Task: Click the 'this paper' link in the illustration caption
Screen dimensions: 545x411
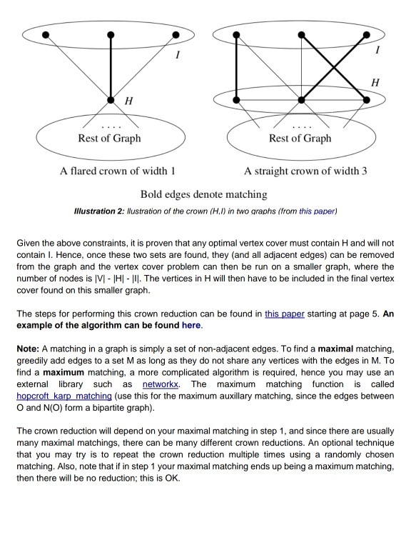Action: pyautogui.click(x=317, y=211)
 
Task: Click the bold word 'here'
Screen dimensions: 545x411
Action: pyautogui.click(x=191, y=325)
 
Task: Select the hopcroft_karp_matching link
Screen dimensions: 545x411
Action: pyautogui.click(x=64, y=395)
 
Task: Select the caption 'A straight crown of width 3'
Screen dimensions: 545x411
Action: pyautogui.click(x=305, y=171)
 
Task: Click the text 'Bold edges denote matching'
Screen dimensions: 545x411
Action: pyautogui.click(x=203, y=194)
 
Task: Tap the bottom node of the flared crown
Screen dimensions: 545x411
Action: pyautogui.click(x=111, y=101)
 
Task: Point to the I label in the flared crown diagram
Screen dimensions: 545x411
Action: pyautogui.click(x=177, y=54)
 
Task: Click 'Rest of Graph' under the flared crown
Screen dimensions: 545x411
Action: pyautogui.click(x=109, y=138)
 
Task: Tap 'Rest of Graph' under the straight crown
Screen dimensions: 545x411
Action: pyautogui.click(x=300, y=138)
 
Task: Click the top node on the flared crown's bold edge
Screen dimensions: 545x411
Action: pyautogui.click(x=111, y=34)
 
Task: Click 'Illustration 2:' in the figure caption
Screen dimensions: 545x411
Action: pyautogui.click(x=99, y=211)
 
